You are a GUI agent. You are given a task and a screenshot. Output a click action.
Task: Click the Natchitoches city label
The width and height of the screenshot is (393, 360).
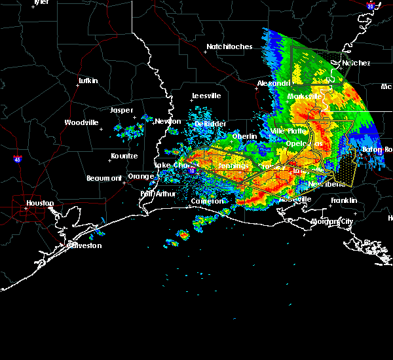229,46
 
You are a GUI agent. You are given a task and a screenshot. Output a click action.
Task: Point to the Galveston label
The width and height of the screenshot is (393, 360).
85,245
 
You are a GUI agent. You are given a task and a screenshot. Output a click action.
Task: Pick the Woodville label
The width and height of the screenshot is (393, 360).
81,122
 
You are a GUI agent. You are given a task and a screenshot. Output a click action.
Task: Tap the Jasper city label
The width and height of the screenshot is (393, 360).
121,110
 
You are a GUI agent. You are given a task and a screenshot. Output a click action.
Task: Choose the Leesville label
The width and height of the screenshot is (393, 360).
206,96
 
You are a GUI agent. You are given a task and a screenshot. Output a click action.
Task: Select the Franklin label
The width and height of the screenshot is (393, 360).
343,200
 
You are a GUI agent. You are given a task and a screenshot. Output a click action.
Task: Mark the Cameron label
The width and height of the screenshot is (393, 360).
207,201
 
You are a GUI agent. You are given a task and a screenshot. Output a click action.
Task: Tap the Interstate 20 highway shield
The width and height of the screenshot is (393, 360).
371,6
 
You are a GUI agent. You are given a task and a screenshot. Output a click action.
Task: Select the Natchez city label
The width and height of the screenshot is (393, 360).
356,63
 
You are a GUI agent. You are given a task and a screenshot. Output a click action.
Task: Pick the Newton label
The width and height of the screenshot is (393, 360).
168,121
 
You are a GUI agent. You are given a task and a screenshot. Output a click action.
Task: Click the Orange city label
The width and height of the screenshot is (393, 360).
141,176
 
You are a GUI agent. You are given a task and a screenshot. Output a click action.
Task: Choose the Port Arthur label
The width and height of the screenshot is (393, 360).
155,194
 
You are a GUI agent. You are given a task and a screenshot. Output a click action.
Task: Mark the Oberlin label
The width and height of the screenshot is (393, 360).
244,135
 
